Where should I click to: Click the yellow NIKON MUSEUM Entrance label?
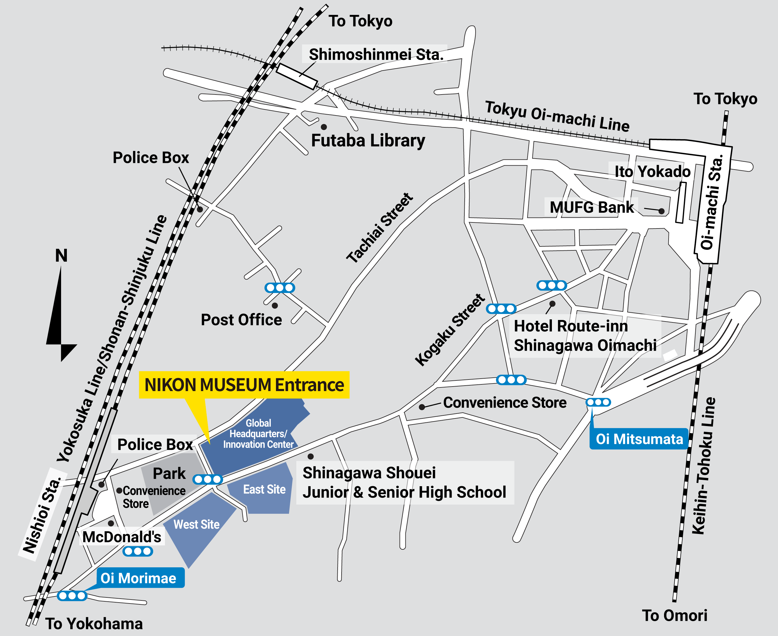click(x=244, y=385)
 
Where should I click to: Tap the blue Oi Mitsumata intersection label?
click(x=639, y=439)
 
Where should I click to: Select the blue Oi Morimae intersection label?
click(x=139, y=578)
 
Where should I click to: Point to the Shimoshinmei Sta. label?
click(x=376, y=54)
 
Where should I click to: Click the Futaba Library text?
click(x=368, y=141)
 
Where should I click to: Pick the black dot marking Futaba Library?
click(x=324, y=127)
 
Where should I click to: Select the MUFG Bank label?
click(x=591, y=207)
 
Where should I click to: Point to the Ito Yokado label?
click(x=652, y=171)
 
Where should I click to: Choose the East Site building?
click(x=264, y=490)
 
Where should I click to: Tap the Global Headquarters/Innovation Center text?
click(x=258, y=434)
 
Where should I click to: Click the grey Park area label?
click(x=169, y=474)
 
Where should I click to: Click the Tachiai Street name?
click(x=380, y=228)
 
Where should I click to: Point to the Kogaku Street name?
click(x=450, y=330)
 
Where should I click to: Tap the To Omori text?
click(x=675, y=615)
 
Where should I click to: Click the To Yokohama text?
click(x=94, y=624)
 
